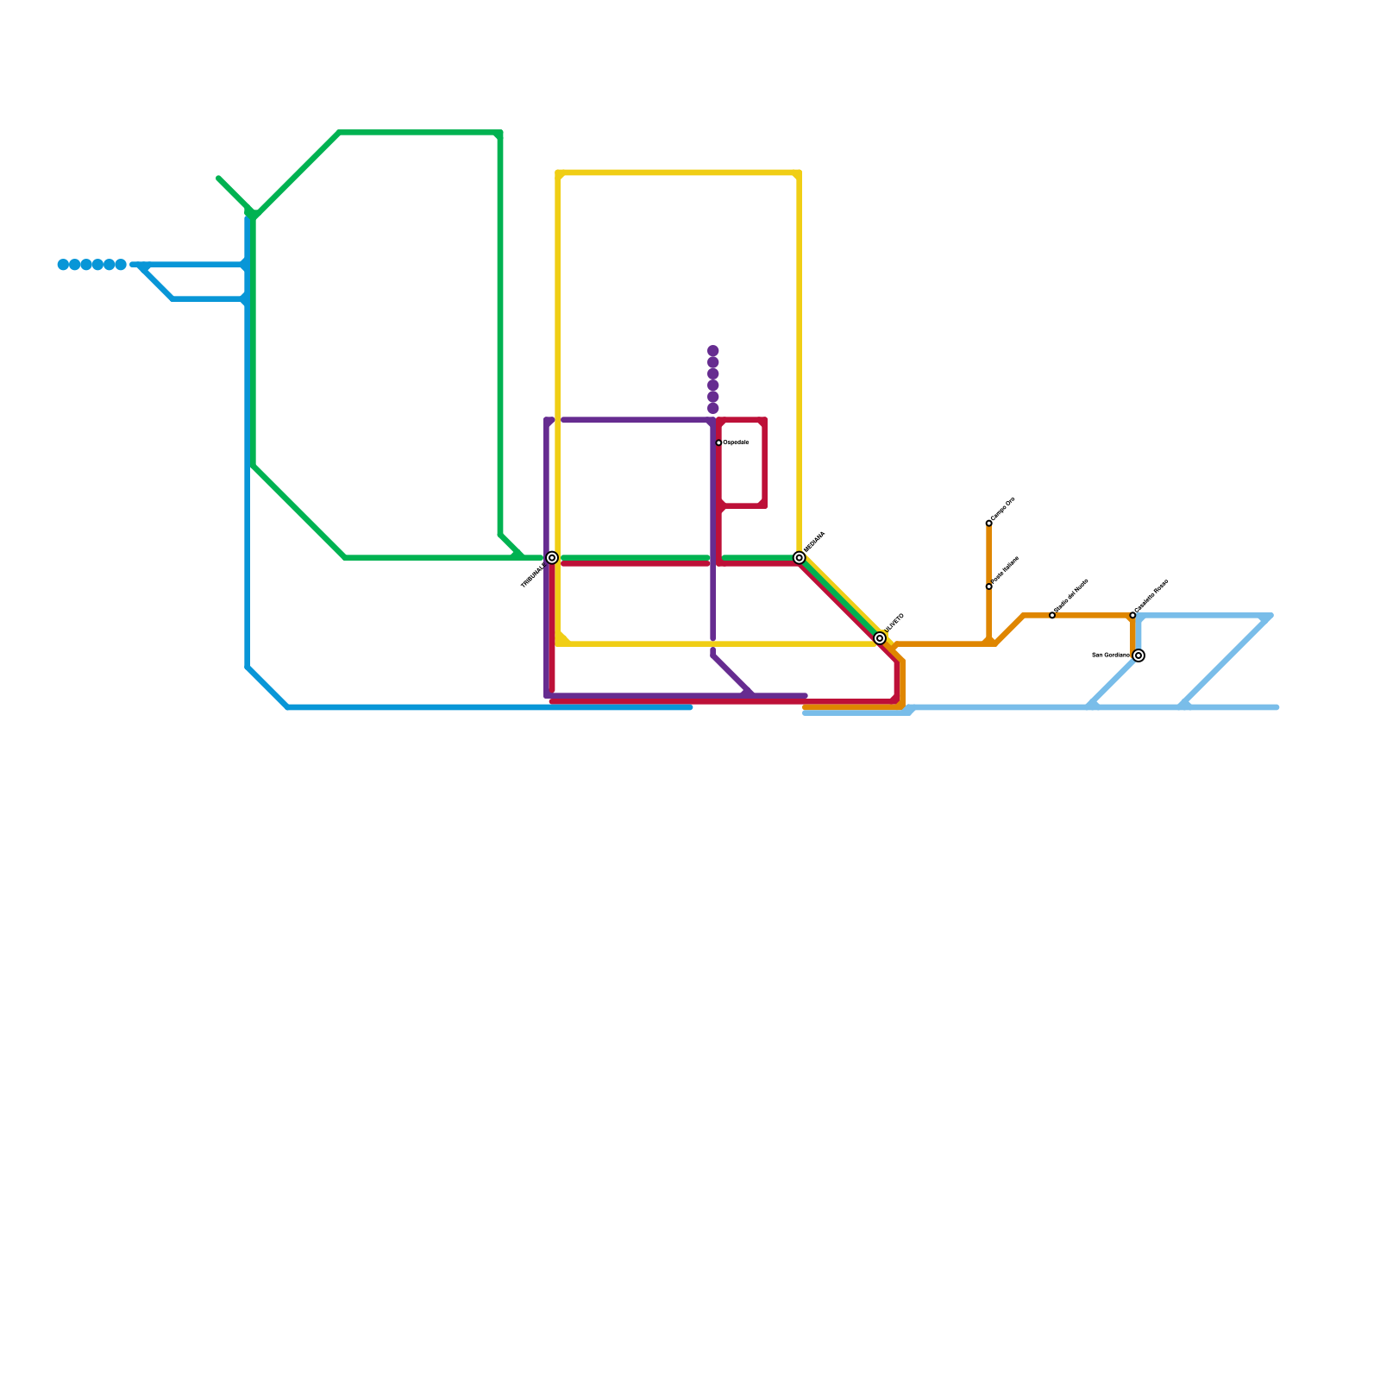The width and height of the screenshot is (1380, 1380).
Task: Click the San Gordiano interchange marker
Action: tap(1138, 655)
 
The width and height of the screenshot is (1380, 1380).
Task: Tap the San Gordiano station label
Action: tap(1111, 655)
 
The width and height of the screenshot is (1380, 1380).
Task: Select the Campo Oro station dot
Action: tap(988, 524)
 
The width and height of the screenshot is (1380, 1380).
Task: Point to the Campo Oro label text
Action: tap(1003, 510)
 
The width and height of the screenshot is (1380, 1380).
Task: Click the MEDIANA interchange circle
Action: tap(800, 558)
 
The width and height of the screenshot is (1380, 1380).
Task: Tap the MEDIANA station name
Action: tap(814, 543)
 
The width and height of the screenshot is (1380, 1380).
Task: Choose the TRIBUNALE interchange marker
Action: tap(552, 558)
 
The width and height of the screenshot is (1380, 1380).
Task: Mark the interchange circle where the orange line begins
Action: tap(880, 638)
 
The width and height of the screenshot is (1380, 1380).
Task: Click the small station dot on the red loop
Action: tap(718, 442)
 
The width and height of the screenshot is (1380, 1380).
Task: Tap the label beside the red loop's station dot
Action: tap(736, 442)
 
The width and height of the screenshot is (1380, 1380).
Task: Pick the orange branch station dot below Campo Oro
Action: tap(988, 586)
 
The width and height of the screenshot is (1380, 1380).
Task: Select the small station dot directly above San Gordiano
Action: tap(1132, 615)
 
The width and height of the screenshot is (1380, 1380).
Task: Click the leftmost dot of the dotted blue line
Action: tap(63, 265)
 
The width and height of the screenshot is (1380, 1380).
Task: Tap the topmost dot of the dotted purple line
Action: tap(713, 350)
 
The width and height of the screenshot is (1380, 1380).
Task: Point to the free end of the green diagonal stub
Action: tap(219, 179)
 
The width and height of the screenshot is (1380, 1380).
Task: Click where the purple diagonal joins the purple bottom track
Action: tap(752, 695)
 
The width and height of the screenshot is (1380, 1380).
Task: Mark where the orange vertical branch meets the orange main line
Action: tap(988, 643)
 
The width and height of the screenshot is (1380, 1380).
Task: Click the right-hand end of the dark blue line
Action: tap(690, 707)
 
